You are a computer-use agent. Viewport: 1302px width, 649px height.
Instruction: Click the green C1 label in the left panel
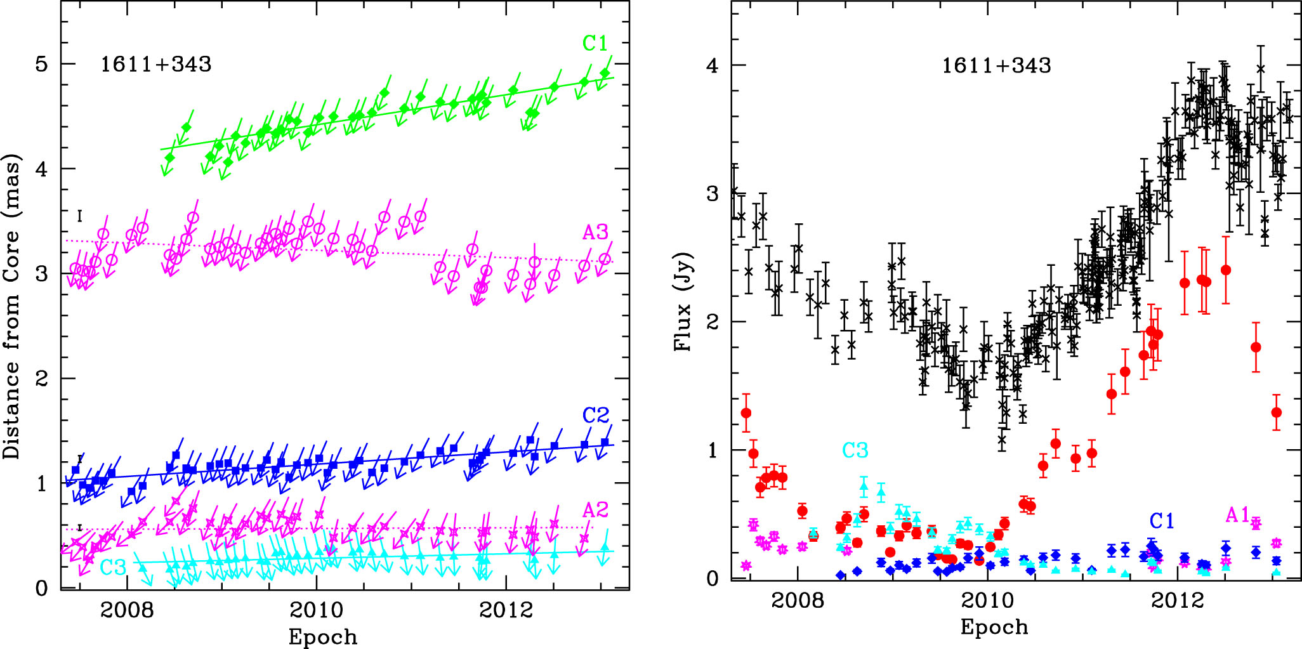pyautogui.click(x=595, y=44)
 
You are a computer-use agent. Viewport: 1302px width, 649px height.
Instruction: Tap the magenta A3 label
pyautogui.click(x=595, y=233)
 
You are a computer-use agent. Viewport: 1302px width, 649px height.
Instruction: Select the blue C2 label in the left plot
pyautogui.click(x=596, y=416)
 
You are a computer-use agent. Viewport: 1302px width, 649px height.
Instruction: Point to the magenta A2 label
pyautogui.click(x=595, y=510)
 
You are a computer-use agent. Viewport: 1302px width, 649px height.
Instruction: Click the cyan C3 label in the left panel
pyautogui.click(x=113, y=567)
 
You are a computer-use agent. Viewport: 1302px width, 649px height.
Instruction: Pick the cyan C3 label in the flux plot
pyautogui.click(x=855, y=450)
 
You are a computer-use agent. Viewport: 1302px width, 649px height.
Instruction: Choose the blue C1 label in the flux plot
pyautogui.click(x=1162, y=521)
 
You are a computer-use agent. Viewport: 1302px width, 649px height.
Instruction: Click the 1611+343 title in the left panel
pyautogui.click(x=155, y=65)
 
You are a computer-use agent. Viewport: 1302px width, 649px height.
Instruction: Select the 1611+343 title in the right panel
pyautogui.click(x=996, y=66)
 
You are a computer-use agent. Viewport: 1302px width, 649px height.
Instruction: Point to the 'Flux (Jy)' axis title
pyautogui.click(x=683, y=301)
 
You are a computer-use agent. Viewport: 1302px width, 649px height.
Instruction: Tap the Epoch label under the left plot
pyautogui.click(x=323, y=637)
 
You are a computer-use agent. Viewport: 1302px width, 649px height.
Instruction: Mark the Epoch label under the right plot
pyautogui.click(x=994, y=627)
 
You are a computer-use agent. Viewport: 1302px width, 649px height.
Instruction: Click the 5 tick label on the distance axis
pyautogui.click(x=41, y=64)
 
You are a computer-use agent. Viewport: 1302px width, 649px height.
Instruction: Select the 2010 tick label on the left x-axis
pyautogui.click(x=316, y=610)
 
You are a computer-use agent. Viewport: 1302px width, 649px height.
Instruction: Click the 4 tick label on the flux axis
pyautogui.click(x=713, y=66)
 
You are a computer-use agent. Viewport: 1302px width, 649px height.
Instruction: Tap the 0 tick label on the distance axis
pyautogui.click(x=42, y=589)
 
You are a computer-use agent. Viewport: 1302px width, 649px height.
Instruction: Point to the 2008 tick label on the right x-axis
pyautogui.click(x=798, y=600)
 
